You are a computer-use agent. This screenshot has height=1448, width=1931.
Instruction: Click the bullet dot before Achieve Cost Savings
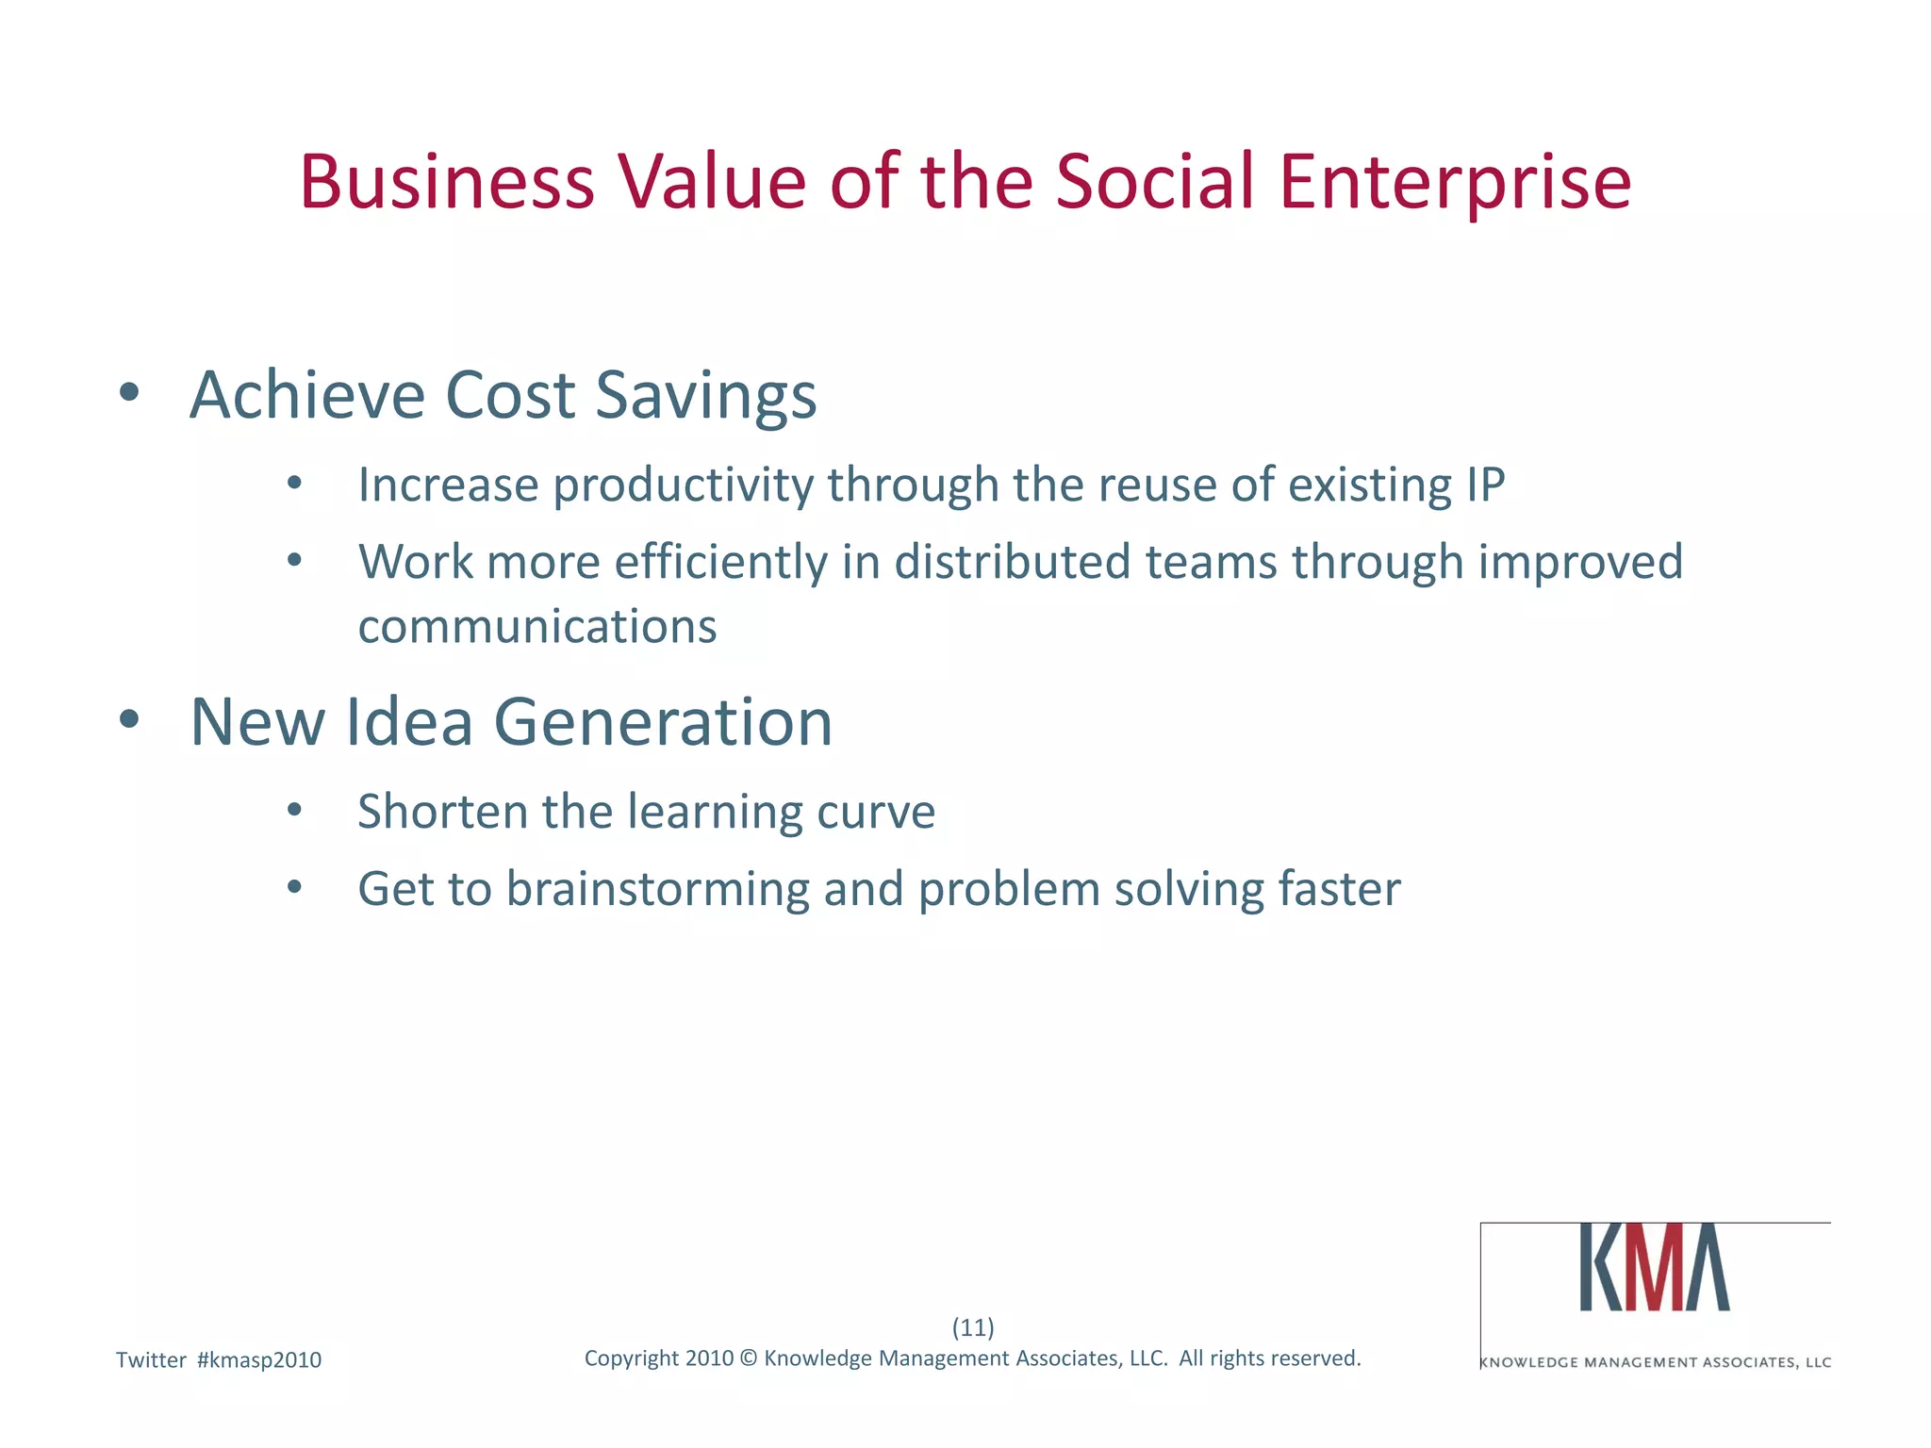[x=129, y=392]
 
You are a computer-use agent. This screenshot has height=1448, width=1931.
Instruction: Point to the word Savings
[x=706, y=396]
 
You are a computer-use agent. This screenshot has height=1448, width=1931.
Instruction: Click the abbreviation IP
[x=1485, y=485]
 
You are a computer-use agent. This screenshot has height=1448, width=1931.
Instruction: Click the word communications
[x=537, y=627]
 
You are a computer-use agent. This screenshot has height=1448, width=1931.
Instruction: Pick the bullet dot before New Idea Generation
[x=129, y=720]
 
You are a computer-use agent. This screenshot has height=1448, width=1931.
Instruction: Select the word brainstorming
[x=657, y=890]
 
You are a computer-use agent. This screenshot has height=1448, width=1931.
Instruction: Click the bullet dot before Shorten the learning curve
[x=295, y=810]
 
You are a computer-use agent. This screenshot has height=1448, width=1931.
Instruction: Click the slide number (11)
[x=973, y=1327]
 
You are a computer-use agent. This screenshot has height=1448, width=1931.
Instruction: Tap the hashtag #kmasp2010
[x=259, y=1360]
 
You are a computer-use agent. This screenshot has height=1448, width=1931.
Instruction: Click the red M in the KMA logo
[x=1655, y=1268]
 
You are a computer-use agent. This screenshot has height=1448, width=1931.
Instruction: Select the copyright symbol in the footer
[x=749, y=1358]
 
